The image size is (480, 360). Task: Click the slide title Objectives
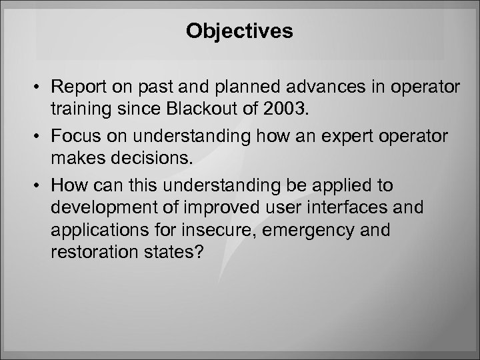(240, 31)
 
